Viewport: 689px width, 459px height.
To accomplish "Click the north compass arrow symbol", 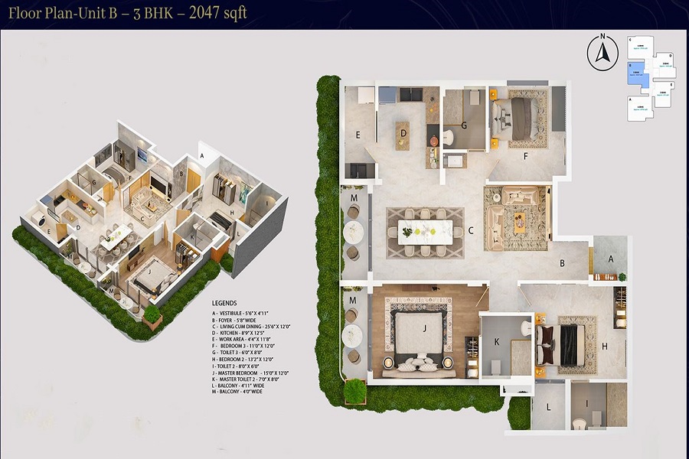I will [x=601, y=54].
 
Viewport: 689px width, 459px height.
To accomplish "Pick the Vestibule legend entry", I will [x=245, y=313].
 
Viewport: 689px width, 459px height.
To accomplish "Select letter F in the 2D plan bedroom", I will [x=525, y=156].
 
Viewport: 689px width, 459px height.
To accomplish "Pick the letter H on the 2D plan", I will [x=604, y=346].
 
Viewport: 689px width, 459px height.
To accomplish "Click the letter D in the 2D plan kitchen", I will [x=403, y=135].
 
